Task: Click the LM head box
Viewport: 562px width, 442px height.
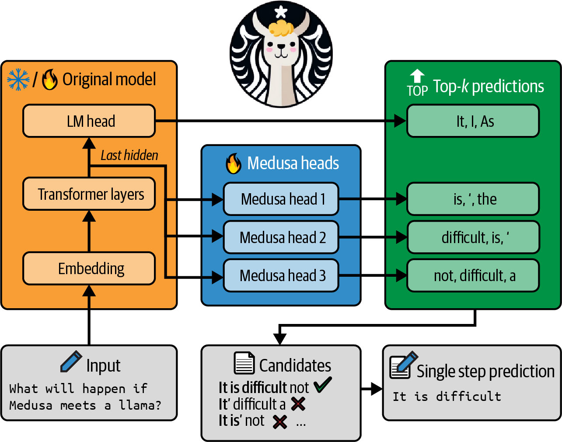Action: click(x=89, y=121)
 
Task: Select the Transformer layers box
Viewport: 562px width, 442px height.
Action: click(x=89, y=194)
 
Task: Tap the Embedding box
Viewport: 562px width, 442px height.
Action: click(x=89, y=268)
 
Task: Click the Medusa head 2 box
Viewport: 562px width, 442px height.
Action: click(x=281, y=237)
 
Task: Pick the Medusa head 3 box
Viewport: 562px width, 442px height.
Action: click(x=281, y=275)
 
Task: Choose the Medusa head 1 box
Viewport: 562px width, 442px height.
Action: click(x=281, y=199)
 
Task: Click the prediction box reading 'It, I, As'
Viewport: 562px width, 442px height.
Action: click(x=473, y=121)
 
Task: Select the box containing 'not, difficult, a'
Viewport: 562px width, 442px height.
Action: click(x=473, y=275)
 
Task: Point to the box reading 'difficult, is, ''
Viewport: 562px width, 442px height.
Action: click(x=473, y=237)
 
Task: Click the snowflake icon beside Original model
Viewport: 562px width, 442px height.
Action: click(x=18, y=80)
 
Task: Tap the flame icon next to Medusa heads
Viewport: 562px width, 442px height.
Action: click(x=234, y=164)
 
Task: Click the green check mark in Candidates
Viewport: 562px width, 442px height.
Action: click(x=323, y=385)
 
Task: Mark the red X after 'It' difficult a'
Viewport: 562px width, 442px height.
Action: click(x=298, y=404)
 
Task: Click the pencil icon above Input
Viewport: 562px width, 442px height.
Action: click(x=71, y=362)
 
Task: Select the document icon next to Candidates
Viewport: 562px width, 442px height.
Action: click(x=244, y=363)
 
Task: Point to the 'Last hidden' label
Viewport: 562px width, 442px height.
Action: click(x=129, y=155)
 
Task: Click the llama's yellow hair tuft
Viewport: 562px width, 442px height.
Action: click(x=280, y=28)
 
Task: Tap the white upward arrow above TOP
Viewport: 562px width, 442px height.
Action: click(x=417, y=76)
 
